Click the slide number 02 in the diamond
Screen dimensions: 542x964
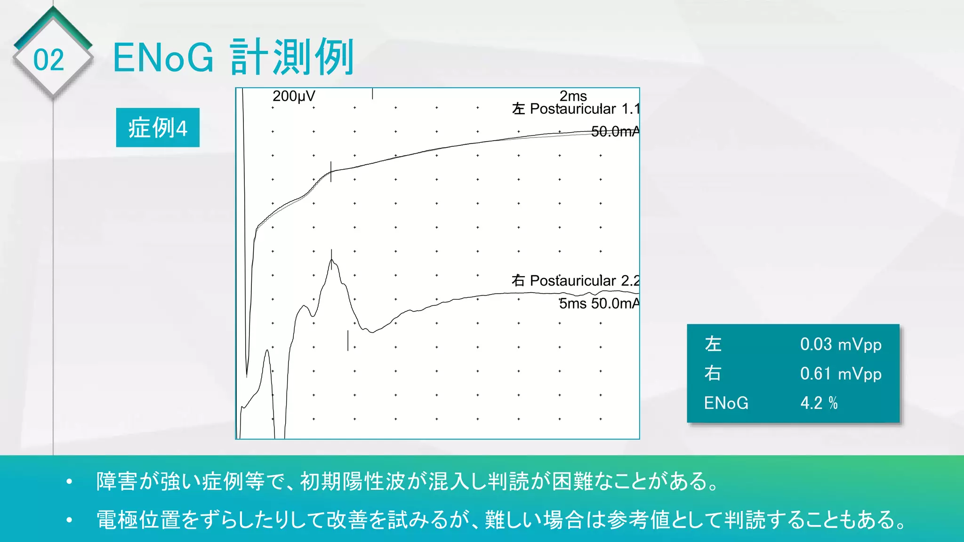[48, 60]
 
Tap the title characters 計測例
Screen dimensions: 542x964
[292, 58]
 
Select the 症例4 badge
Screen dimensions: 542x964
[158, 128]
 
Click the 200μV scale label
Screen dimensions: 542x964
[294, 96]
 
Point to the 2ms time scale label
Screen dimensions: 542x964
[573, 96]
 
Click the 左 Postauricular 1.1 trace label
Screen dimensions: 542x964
[575, 109]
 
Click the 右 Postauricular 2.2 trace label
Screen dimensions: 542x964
[575, 281]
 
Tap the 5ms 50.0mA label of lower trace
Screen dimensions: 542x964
[599, 303]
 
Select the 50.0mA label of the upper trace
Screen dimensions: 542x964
[614, 132]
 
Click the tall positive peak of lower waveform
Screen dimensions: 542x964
[332, 261]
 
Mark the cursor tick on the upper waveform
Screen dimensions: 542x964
[331, 172]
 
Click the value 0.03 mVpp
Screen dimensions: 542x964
[841, 344]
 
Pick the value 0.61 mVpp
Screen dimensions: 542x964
[841, 374]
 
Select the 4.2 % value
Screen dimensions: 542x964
[819, 403]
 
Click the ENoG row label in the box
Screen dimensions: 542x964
[726, 403]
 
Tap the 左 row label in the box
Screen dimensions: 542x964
[713, 344]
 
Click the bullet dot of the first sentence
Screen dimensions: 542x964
[70, 482]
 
